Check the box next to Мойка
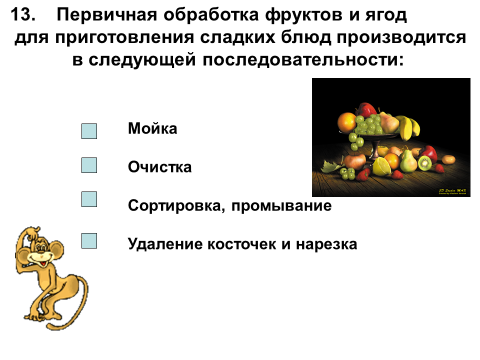point(89,131)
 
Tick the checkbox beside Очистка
point(89,165)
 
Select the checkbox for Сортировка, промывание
point(89,199)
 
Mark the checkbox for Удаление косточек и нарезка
point(89,241)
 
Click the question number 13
point(23,15)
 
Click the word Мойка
point(152,129)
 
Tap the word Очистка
point(160,167)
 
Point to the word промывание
point(281,206)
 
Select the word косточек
point(242,244)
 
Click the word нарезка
point(326,244)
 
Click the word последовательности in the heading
point(303,60)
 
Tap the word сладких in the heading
point(238,37)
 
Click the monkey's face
point(38,255)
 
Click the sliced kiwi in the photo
point(425,163)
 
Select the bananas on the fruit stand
point(409,127)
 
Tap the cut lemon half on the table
point(381,167)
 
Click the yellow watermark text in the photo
point(452,191)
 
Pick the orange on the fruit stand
point(347,123)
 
